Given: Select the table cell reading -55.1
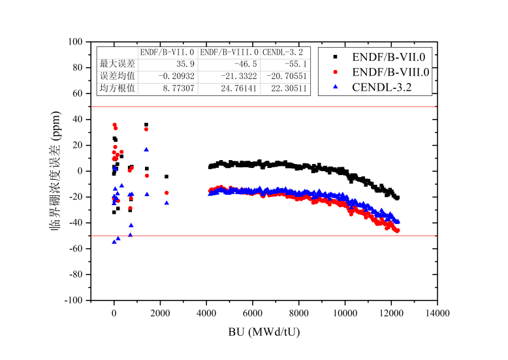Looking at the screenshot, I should pos(294,64).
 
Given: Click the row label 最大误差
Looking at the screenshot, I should pos(118,64).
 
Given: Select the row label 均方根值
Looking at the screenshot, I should pos(118,88).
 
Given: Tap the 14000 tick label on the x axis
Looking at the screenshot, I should pos(437,314).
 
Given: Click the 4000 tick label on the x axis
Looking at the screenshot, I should pos(206,314).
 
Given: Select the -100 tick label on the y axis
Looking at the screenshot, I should pos(76,301).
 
